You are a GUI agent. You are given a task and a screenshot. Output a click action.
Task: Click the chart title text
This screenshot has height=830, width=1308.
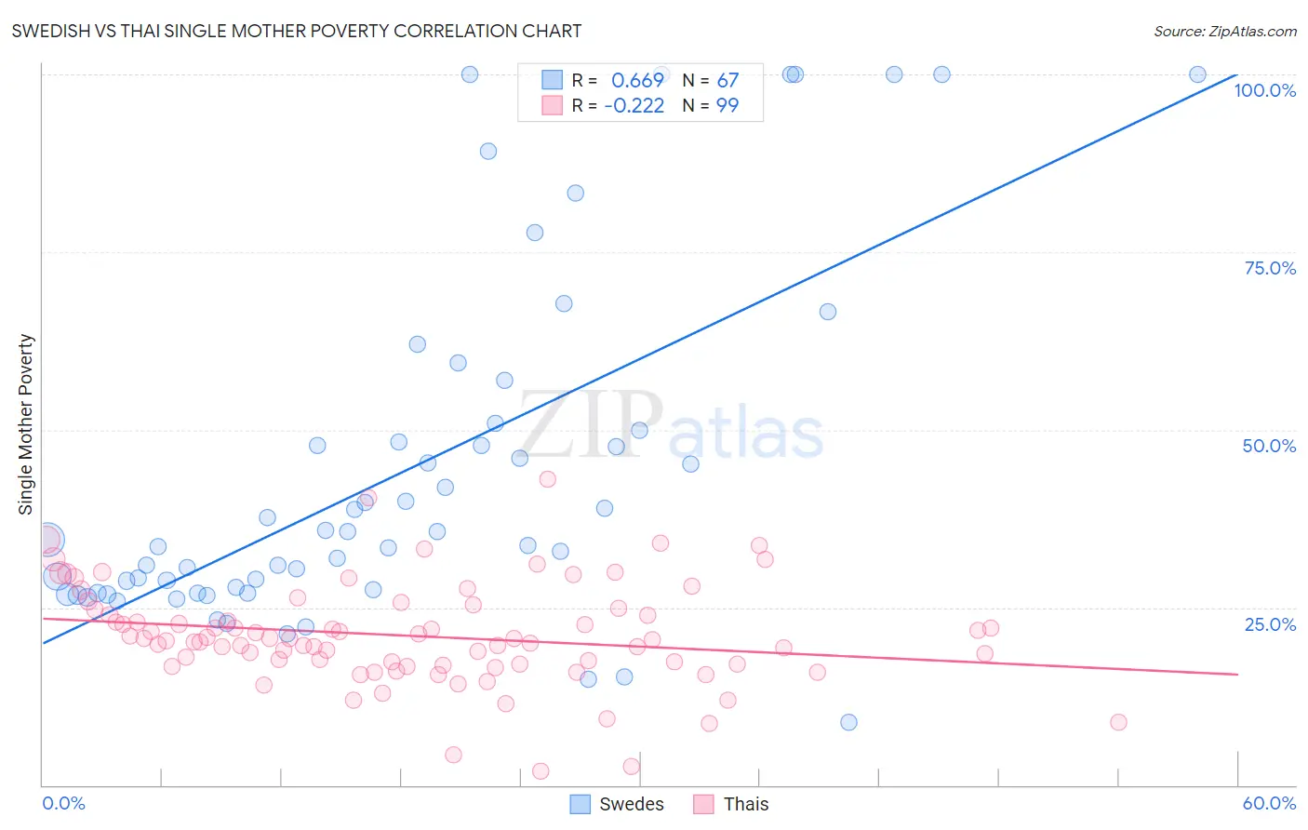(x=297, y=31)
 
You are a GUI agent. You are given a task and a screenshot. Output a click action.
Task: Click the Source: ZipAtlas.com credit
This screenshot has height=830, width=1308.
(x=1224, y=31)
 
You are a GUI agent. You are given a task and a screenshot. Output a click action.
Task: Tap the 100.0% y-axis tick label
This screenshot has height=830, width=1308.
(x=1264, y=90)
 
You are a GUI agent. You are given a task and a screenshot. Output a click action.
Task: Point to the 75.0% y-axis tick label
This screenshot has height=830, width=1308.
(x=1270, y=268)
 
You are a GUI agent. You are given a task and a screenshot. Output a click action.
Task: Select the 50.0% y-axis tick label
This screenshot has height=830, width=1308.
(x=1269, y=446)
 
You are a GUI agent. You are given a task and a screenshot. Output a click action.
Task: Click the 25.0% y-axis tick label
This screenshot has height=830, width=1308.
(x=1270, y=623)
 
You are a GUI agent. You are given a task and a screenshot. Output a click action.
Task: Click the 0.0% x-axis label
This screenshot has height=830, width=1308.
(x=63, y=803)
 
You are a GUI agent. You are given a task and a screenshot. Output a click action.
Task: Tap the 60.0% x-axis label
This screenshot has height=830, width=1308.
(x=1269, y=803)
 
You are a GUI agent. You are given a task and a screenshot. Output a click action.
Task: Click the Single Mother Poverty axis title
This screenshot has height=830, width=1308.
(x=26, y=424)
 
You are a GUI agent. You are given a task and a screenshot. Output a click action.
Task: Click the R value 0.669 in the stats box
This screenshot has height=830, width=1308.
(x=637, y=81)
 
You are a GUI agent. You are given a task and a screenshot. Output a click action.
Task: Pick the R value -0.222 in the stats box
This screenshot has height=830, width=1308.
(x=634, y=106)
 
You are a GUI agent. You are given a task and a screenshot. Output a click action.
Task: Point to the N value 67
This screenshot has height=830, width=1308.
(x=727, y=81)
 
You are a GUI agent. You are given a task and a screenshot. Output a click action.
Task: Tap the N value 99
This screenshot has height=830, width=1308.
(x=727, y=106)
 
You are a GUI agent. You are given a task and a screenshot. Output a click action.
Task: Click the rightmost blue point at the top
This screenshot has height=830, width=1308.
(x=1197, y=74)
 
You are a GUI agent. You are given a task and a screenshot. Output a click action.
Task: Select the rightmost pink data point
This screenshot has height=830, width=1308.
(x=1118, y=722)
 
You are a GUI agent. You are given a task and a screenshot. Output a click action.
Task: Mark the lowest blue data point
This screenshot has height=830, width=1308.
(x=848, y=722)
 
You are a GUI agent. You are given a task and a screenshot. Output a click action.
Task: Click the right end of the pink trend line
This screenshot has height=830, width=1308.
(x=1237, y=674)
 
